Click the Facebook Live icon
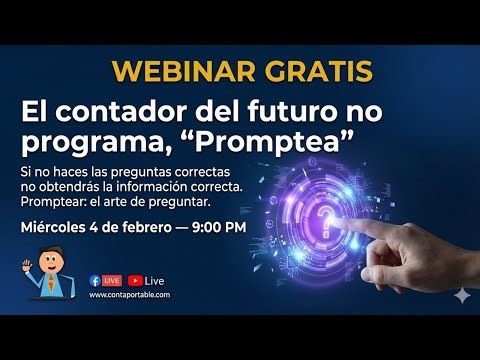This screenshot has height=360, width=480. (104, 281)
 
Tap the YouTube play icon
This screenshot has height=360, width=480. (134, 281)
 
